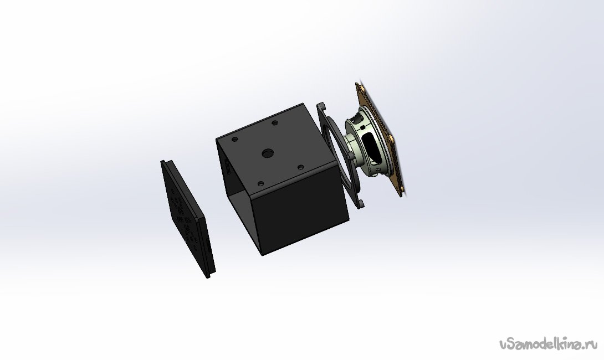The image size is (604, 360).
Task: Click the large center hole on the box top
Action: [x=267, y=153]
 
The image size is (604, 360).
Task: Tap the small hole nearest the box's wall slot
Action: [x=234, y=140]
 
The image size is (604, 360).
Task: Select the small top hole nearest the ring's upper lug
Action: [x=275, y=123]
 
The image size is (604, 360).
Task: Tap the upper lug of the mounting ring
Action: [x=321, y=107]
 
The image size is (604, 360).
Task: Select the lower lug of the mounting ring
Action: [x=361, y=203]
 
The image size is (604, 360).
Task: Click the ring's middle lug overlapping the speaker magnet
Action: [x=350, y=155]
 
